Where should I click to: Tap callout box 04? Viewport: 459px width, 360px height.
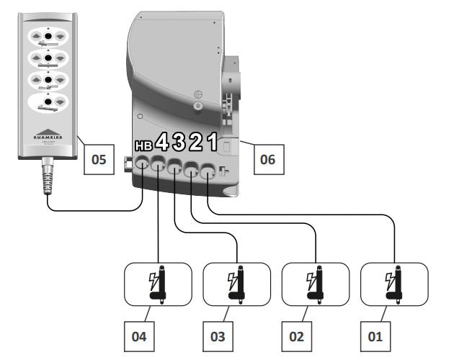tap(141, 335)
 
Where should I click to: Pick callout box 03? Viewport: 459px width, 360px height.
tap(219, 335)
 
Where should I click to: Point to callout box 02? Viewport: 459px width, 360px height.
tap(298, 335)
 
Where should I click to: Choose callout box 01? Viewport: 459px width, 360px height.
tap(375, 335)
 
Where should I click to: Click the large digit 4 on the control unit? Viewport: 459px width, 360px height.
tap(162, 142)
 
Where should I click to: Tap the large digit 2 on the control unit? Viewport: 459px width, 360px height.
tap(195, 142)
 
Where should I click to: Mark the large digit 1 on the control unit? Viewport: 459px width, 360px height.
tap(211, 141)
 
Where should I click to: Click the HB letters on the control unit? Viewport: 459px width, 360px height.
tap(144, 145)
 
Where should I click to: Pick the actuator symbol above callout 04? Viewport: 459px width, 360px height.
tap(158, 283)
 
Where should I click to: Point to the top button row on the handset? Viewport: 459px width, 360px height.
tap(47, 34)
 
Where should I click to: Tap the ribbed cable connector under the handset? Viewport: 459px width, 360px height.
tap(48, 181)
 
